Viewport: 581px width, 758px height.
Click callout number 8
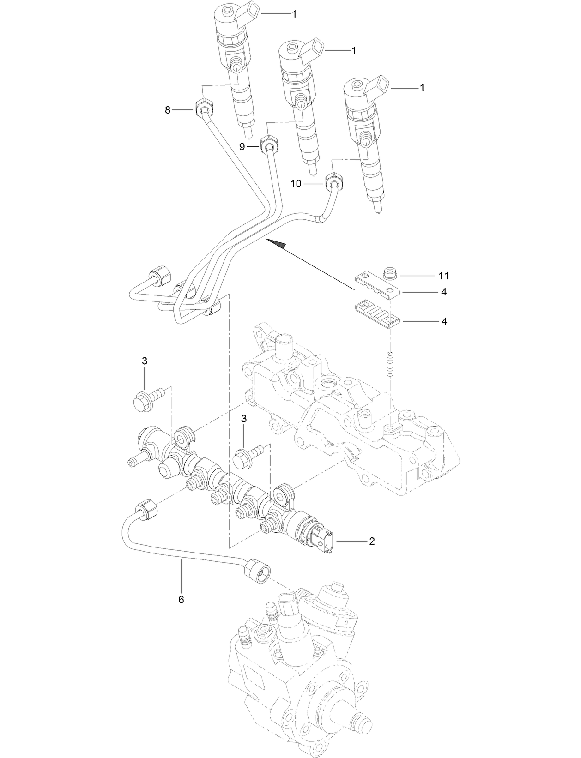click(x=168, y=110)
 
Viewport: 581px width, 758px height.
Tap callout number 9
click(x=242, y=146)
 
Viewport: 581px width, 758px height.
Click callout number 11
click(x=443, y=276)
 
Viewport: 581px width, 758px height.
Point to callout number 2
click(x=371, y=541)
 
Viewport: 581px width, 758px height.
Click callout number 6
click(x=181, y=599)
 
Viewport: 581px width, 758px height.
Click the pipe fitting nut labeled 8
click(x=204, y=108)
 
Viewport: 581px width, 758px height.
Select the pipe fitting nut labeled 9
click(x=268, y=144)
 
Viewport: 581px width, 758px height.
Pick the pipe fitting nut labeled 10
click(x=333, y=181)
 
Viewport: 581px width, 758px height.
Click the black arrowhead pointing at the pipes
click(x=276, y=244)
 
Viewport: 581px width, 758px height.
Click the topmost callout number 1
click(x=294, y=14)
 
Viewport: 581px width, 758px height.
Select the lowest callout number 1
click(x=422, y=87)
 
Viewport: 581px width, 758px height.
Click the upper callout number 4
click(x=443, y=292)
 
